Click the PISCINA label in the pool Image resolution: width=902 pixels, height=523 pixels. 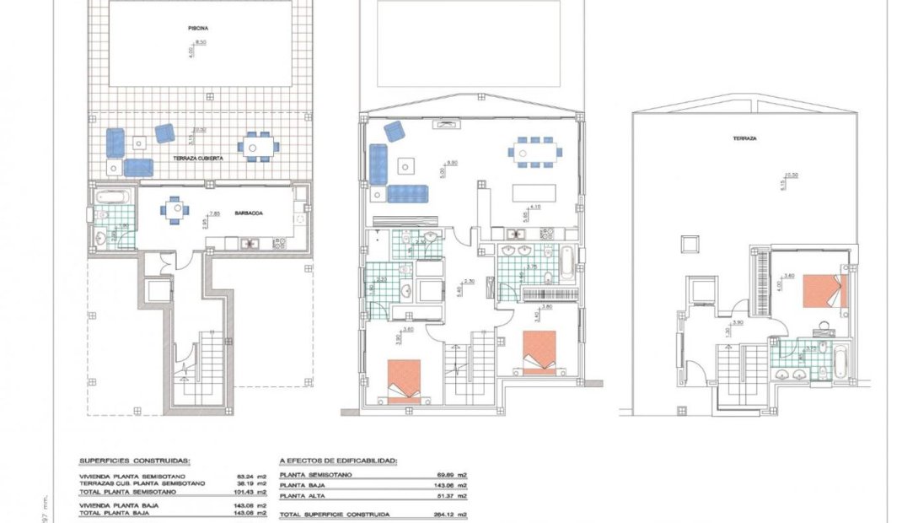click(x=198, y=28)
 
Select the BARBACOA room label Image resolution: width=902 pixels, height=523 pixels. click(x=250, y=214)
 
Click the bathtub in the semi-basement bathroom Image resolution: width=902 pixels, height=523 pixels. click(x=112, y=199)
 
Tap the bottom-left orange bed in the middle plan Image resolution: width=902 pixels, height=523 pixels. click(x=403, y=377)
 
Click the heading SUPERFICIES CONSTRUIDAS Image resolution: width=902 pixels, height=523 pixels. click(x=134, y=461)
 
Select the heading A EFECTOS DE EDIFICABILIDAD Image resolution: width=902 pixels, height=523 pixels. click(x=338, y=461)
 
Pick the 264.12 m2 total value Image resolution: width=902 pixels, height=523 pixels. click(x=454, y=514)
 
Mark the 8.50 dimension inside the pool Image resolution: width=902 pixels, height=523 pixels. click(x=201, y=41)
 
